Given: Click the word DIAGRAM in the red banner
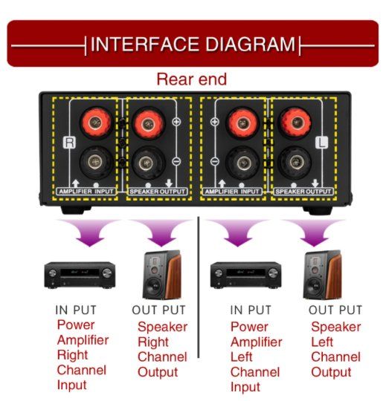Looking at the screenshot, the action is tap(251, 45).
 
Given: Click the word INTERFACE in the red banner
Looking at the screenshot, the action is tap(145, 45).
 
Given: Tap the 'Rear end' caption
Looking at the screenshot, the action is tap(192, 79).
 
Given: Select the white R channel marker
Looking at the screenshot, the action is tap(69, 143).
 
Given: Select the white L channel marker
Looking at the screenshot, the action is tap(322, 143).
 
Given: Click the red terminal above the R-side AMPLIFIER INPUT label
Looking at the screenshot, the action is tap(95, 123).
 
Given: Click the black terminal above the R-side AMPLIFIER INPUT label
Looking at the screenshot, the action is tap(95, 162).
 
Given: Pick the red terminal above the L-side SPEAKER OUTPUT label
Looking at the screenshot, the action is tap(296, 123).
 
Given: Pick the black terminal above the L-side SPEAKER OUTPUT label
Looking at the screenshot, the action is tap(296, 162).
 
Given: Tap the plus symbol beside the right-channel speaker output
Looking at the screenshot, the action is tap(176, 122).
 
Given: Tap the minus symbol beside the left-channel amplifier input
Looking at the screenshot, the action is tap(215, 161).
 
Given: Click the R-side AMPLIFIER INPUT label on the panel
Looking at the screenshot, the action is tap(86, 192).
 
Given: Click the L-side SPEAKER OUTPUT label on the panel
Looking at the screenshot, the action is tap(303, 192).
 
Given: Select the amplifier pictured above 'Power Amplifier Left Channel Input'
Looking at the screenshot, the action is tap(245, 275).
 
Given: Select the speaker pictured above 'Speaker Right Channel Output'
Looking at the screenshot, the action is tap(162, 275).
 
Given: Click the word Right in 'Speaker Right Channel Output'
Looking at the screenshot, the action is tap(153, 342).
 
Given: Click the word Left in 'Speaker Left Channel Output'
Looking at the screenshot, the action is tap(322, 342).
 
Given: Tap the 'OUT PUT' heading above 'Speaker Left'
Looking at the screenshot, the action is tap(335, 310).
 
